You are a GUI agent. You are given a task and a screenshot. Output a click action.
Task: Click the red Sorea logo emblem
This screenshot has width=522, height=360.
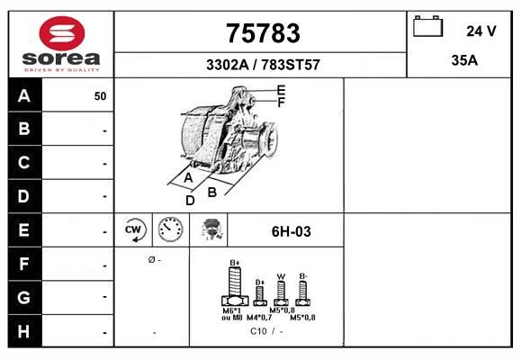click(x=62, y=33)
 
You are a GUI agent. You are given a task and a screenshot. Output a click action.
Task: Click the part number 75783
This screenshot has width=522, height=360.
click(x=263, y=33)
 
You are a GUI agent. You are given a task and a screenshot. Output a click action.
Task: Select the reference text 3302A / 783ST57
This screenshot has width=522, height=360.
click(x=263, y=65)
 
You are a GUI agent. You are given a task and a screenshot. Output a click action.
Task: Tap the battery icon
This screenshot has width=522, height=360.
click(x=427, y=26)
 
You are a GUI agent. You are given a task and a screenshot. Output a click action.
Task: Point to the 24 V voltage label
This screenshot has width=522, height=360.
click(x=481, y=31)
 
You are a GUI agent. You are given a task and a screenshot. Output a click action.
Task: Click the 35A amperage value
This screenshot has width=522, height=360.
click(x=464, y=60)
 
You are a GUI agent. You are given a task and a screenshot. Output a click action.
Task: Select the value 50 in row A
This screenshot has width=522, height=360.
click(x=100, y=96)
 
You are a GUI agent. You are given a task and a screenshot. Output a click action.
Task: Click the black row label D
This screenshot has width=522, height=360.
click(x=24, y=196)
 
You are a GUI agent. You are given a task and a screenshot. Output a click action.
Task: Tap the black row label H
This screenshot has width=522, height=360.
click(x=24, y=331)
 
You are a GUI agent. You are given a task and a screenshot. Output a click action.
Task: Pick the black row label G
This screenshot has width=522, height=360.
click(x=24, y=297)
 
